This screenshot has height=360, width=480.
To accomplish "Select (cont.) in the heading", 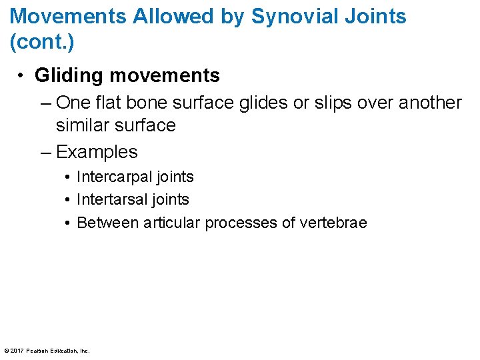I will click(42, 43).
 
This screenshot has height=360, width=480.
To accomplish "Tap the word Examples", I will click(97, 152).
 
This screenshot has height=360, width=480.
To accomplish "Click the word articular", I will click(172, 223).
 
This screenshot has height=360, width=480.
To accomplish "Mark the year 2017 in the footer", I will click(18, 350).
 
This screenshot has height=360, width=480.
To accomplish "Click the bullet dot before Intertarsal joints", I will click(69, 200).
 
